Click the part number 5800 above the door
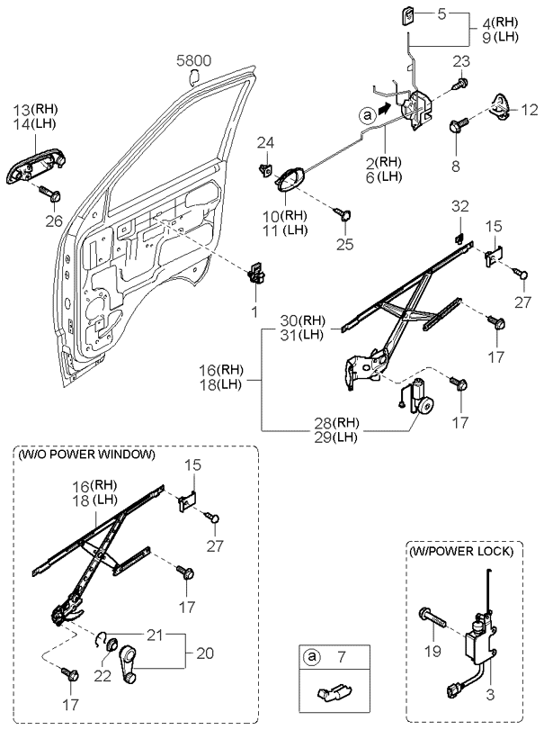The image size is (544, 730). click(x=193, y=60)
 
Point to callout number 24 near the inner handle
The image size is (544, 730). click(x=265, y=142)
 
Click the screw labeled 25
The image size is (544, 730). click(x=344, y=214)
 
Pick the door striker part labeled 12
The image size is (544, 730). click(x=500, y=108)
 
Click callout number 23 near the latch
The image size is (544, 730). click(x=460, y=61)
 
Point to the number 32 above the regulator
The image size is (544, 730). click(x=460, y=206)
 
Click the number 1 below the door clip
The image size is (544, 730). click(x=254, y=311)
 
